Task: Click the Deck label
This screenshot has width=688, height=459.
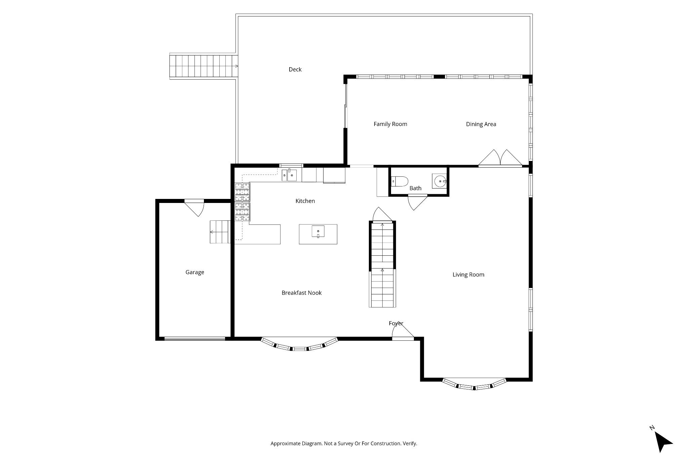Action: pyautogui.click(x=295, y=70)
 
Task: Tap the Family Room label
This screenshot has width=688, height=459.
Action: pyautogui.click(x=390, y=124)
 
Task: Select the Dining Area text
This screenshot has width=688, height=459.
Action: pyautogui.click(x=481, y=124)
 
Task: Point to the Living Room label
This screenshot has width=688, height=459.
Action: pyautogui.click(x=468, y=275)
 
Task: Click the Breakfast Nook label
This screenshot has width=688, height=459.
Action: pyautogui.click(x=302, y=293)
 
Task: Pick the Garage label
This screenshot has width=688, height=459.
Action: pyautogui.click(x=195, y=273)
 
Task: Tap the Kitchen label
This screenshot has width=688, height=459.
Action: pyautogui.click(x=305, y=201)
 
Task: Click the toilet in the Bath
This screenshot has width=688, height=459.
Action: pyautogui.click(x=399, y=181)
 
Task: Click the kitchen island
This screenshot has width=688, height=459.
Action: pyautogui.click(x=318, y=234)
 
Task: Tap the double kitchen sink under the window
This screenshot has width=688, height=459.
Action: pyautogui.click(x=289, y=175)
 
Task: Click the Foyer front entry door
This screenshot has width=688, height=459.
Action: pyautogui.click(x=403, y=333)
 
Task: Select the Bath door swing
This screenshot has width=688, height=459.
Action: pyautogui.click(x=417, y=202)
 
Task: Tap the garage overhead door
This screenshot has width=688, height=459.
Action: pyautogui.click(x=195, y=339)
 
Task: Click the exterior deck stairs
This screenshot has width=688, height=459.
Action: pyautogui.click(x=204, y=66)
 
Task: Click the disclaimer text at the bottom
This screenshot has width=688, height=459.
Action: pyautogui.click(x=344, y=444)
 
